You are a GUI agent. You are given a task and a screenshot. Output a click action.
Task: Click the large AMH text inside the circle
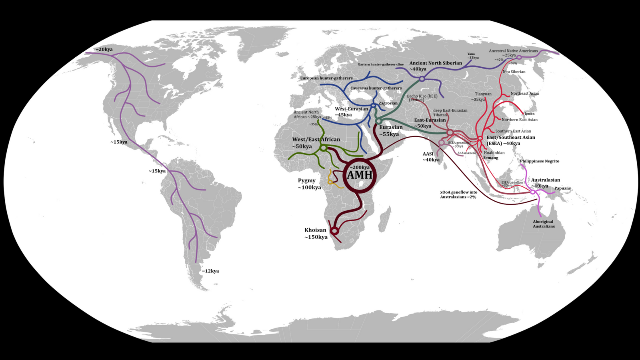point(360,175)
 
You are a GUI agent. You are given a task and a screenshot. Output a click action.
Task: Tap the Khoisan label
point(315,230)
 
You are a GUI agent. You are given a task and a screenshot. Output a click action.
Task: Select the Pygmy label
point(307,181)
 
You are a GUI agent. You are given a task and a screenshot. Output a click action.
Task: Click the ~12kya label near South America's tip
point(210,271)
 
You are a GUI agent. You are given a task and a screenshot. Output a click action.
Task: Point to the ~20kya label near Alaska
point(104,50)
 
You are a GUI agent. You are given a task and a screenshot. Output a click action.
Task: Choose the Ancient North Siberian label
point(435,63)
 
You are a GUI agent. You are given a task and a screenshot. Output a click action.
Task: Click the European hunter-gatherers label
point(326,78)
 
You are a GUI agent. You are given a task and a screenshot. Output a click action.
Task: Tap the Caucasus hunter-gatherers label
point(376,88)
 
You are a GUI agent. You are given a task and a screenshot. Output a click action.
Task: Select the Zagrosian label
point(388,103)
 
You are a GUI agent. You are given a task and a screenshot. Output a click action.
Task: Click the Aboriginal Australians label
point(544,224)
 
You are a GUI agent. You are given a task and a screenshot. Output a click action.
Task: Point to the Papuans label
point(562,188)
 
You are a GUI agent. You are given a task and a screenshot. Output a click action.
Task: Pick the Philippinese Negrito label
point(539,161)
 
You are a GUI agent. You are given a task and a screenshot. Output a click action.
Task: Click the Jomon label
point(529,114)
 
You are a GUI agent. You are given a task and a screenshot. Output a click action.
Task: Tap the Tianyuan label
point(483,94)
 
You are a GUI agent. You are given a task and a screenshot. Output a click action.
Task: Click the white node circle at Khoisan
point(334,231)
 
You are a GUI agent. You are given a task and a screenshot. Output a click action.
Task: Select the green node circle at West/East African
point(324,148)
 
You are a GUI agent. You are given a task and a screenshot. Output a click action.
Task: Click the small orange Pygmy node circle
point(330,182)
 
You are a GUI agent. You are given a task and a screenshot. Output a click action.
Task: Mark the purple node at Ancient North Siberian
point(422,79)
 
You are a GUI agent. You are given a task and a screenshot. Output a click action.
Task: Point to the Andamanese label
point(466,153)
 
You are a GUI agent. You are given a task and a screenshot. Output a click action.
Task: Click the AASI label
point(428,154)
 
